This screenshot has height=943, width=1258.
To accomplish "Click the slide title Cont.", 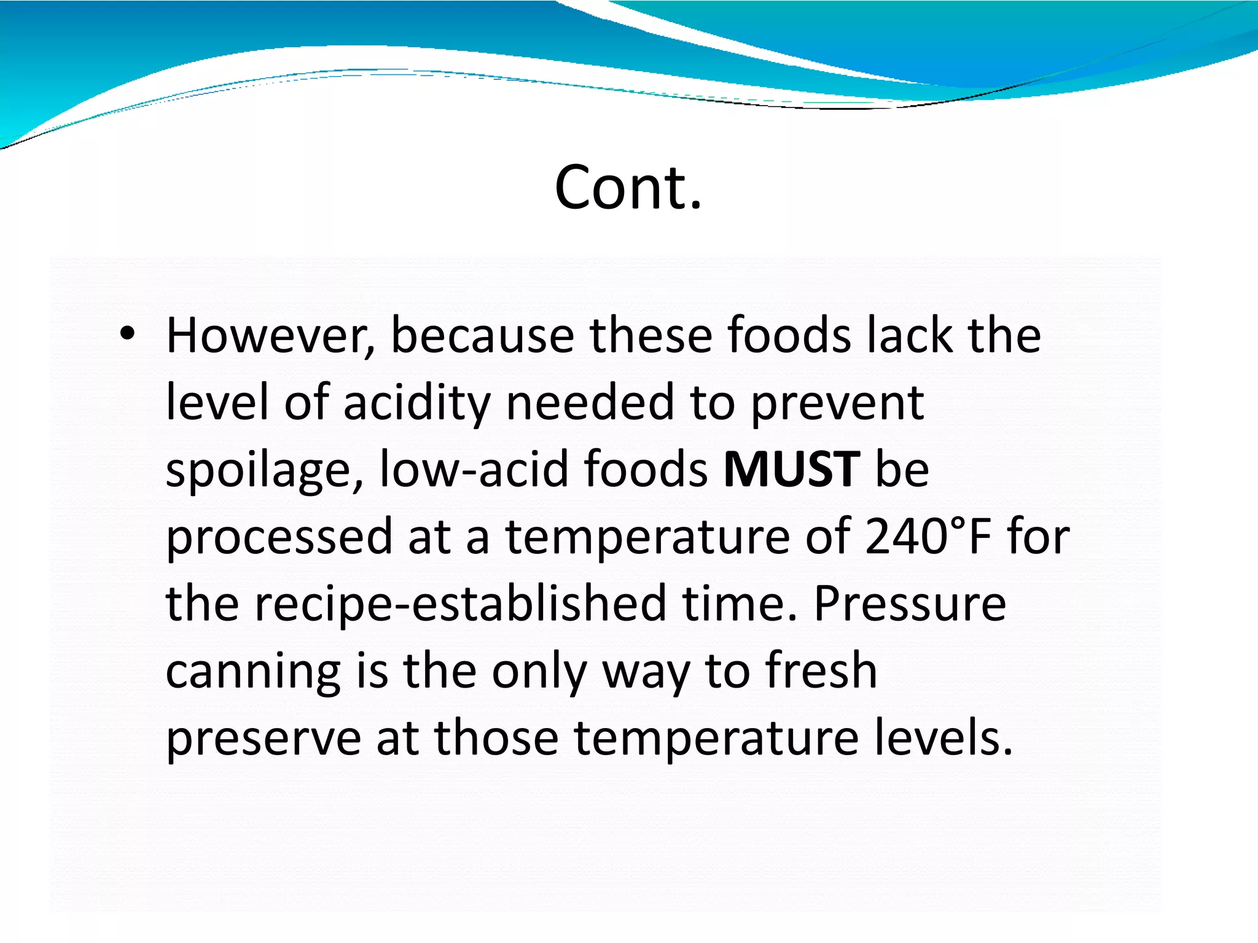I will [x=628, y=187].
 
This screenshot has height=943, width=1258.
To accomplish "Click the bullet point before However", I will [x=127, y=334].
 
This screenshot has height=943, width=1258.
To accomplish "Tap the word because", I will [x=482, y=336].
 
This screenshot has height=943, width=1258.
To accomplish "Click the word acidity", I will [x=416, y=404].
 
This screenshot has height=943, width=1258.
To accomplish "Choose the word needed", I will [x=590, y=403].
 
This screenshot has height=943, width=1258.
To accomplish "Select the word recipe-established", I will [x=460, y=604].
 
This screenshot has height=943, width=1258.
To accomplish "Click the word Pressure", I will [x=910, y=604].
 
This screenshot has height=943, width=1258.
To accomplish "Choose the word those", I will [x=496, y=738].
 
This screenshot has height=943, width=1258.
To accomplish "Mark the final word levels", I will [x=943, y=738].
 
